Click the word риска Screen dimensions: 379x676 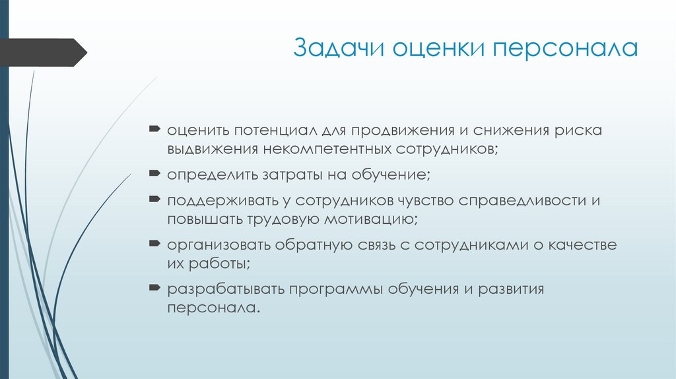pyautogui.click(x=579, y=130)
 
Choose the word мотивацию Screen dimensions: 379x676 pyautogui.click(x=375, y=220)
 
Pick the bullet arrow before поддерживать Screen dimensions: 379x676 pyautogui.click(x=153, y=199)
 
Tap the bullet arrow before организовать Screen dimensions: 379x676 pyautogui.click(x=153, y=244)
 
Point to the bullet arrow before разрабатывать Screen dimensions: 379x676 pyautogui.click(x=153, y=289)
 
